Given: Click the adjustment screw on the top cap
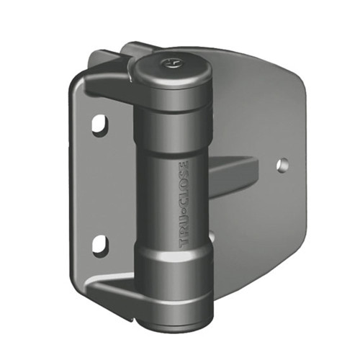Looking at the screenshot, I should pos(170,63).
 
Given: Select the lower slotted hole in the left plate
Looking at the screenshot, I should pos(99,245).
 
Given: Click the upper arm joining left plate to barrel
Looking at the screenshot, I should pos(108,83).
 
